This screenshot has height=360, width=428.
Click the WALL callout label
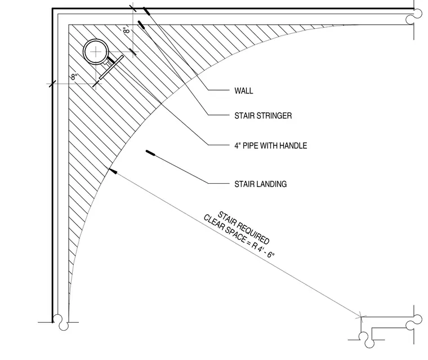(243, 91)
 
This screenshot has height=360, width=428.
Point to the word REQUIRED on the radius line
(254, 233)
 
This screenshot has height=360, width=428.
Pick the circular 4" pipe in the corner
(96, 52)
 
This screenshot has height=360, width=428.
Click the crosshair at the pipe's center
(96, 52)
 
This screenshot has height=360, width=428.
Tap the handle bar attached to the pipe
(111, 67)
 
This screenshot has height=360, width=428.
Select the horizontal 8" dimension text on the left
(74, 77)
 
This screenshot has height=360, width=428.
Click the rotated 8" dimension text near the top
(126, 30)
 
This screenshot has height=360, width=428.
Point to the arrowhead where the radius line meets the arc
(113, 171)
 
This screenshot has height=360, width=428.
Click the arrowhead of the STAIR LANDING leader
(151, 153)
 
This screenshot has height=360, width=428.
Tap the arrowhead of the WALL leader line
(146, 11)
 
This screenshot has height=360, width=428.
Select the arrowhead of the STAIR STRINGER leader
(141, 25)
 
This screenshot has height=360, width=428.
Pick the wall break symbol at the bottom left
(61, 322)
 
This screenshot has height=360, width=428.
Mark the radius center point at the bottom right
(361, 317)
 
